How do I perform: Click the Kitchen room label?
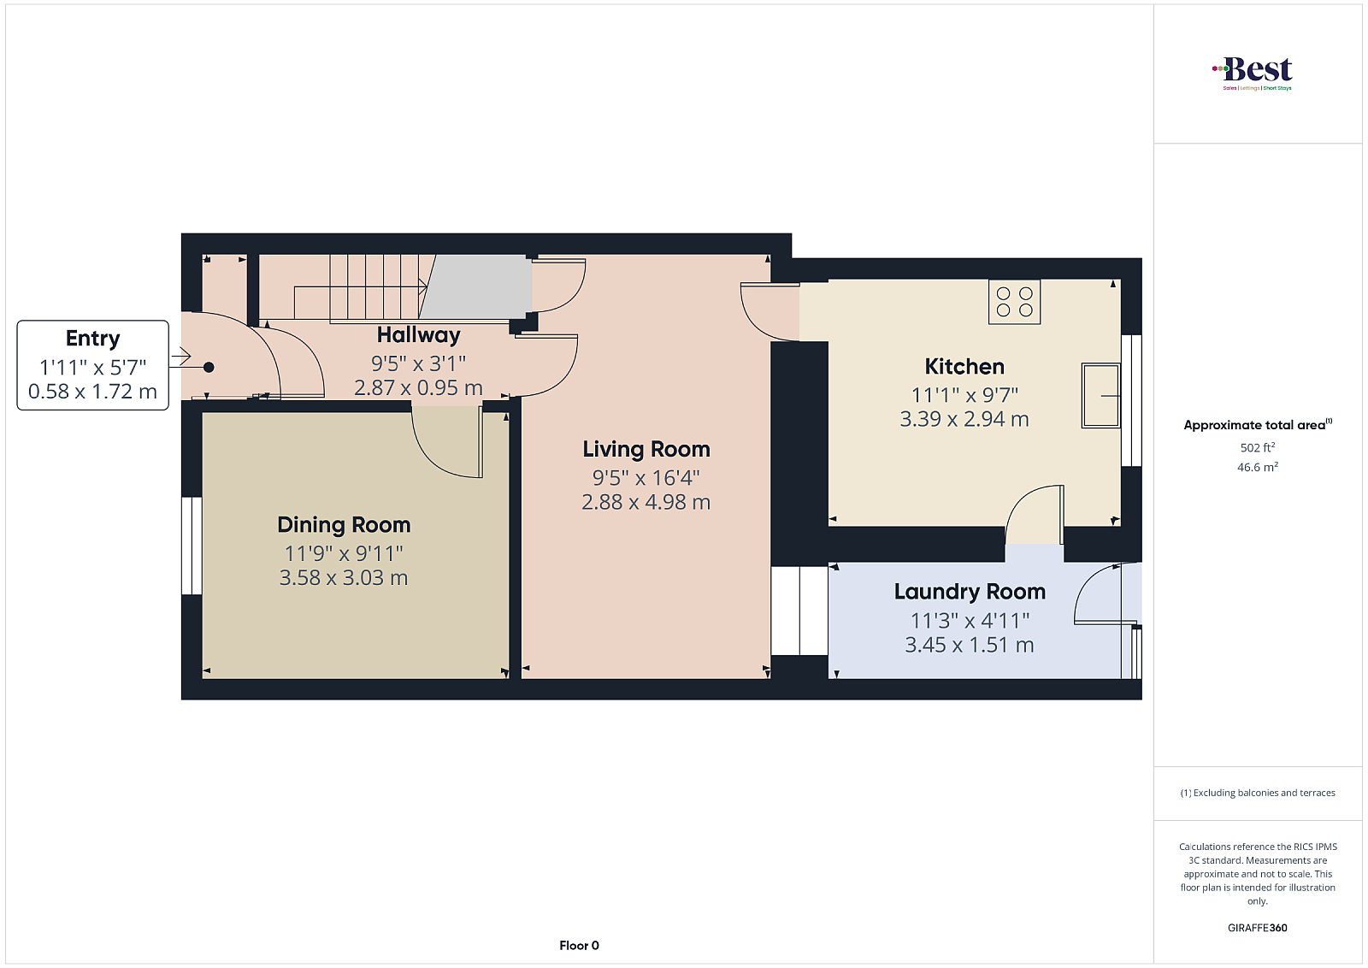[x=964, y=367]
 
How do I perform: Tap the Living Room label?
[x=646, y=450]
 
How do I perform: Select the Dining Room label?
[x=344, y=525]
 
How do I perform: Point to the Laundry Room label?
[x=970, y=592]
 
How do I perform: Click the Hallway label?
[x=418, y=335]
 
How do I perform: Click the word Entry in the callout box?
[x=93, y=339]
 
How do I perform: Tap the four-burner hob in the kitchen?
[x=1014, y=302]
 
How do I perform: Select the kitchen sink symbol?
[x=1100, y=396]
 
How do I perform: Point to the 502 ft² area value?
[x=1258, y=447]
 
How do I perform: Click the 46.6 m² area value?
[x=1258, y=467]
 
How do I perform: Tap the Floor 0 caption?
[x=579, y=946]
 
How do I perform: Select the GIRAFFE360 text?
[x=1258, y=928]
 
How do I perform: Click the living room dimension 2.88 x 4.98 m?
[x=646, y=502]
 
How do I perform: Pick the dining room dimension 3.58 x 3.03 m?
[x=344, y=578]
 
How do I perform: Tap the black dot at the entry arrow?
[x=209, y=367]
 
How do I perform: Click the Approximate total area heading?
[x=1258, y=424]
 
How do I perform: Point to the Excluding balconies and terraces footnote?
[x=1258, y=793]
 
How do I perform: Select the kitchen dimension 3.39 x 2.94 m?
[x=964, y=419]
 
